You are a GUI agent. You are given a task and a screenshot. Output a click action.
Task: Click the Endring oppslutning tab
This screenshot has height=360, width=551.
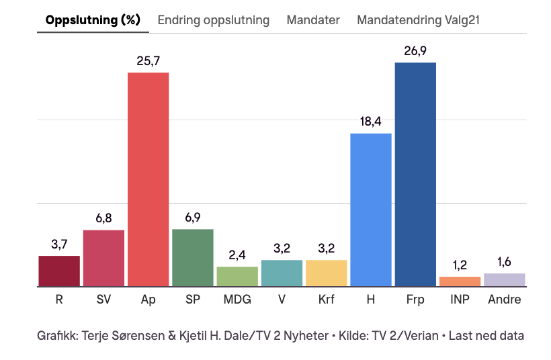213,20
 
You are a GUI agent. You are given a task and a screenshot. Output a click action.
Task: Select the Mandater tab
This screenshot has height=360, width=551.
312,20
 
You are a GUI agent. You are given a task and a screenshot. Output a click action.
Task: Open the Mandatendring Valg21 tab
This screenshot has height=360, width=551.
418,20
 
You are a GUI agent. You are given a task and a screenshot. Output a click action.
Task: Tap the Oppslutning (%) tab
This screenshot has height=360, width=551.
93,20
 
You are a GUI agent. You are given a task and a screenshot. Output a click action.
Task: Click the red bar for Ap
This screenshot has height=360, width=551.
149,179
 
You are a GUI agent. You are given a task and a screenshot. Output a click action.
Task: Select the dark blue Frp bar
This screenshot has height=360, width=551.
415,174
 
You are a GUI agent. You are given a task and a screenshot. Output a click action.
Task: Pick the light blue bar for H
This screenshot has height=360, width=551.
371,210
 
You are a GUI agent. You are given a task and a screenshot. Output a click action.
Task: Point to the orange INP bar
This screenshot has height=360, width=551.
460,281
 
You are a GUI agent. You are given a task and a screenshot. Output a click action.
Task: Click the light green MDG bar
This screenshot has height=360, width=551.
237,276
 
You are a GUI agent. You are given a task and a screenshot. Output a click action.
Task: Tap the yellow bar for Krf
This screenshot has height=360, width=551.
327,273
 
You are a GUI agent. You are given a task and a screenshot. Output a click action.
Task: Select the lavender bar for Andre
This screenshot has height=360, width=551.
504,279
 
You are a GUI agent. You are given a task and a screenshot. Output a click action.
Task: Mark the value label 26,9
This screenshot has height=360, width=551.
415,51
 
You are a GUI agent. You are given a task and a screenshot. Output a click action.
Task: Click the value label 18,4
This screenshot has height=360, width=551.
371,122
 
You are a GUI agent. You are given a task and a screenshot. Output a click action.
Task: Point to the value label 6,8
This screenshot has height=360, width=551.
103,219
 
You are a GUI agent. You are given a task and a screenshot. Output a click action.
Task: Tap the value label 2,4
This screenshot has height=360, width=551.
237,255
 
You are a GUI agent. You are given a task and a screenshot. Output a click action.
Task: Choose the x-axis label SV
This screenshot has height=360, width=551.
103,300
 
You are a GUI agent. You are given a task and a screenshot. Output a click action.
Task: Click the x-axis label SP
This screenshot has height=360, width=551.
193,300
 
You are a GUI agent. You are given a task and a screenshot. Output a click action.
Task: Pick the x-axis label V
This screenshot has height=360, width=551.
282,300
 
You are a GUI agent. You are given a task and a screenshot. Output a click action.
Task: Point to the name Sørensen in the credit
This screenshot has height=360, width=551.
149,334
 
